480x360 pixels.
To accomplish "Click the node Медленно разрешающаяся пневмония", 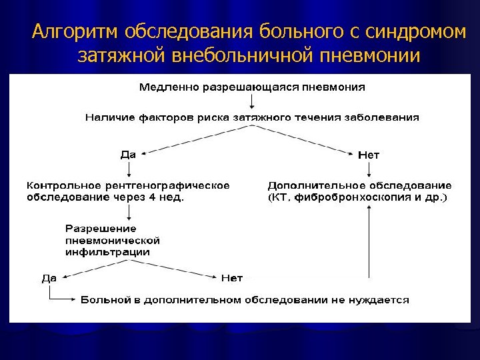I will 252,87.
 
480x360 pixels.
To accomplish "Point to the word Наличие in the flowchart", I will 105,117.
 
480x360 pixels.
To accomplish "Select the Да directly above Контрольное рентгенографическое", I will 128,155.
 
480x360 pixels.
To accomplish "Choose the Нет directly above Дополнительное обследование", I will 368,155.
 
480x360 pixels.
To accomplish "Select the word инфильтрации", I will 107,253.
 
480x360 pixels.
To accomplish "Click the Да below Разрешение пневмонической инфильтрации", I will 49,278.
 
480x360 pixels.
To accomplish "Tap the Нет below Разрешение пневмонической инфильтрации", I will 231,278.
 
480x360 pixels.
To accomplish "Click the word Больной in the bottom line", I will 103,301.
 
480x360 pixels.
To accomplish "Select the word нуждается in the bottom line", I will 382,301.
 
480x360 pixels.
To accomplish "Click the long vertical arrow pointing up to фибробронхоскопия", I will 368,240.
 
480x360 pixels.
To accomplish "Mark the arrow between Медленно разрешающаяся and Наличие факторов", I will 252,101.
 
